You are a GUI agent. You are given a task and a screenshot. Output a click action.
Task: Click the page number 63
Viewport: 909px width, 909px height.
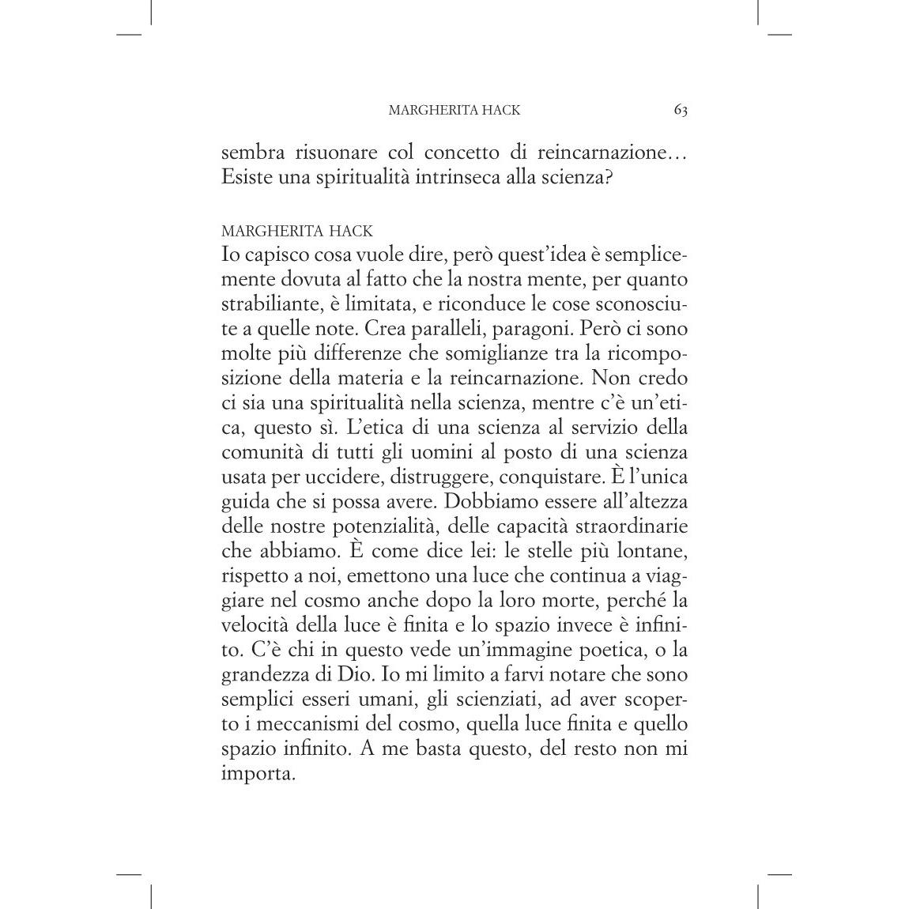(680, 111)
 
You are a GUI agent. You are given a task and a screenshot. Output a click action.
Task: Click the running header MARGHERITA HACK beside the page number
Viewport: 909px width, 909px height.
(454, 111)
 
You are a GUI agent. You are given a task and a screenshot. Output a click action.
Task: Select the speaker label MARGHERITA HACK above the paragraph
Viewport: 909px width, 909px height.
(297, 232)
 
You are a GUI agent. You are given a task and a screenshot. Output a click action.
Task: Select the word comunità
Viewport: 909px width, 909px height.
(265, 453)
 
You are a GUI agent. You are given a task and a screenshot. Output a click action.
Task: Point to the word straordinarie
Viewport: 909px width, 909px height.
(632, 526)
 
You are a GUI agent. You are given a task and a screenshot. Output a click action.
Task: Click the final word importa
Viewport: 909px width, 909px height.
(258, 774)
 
